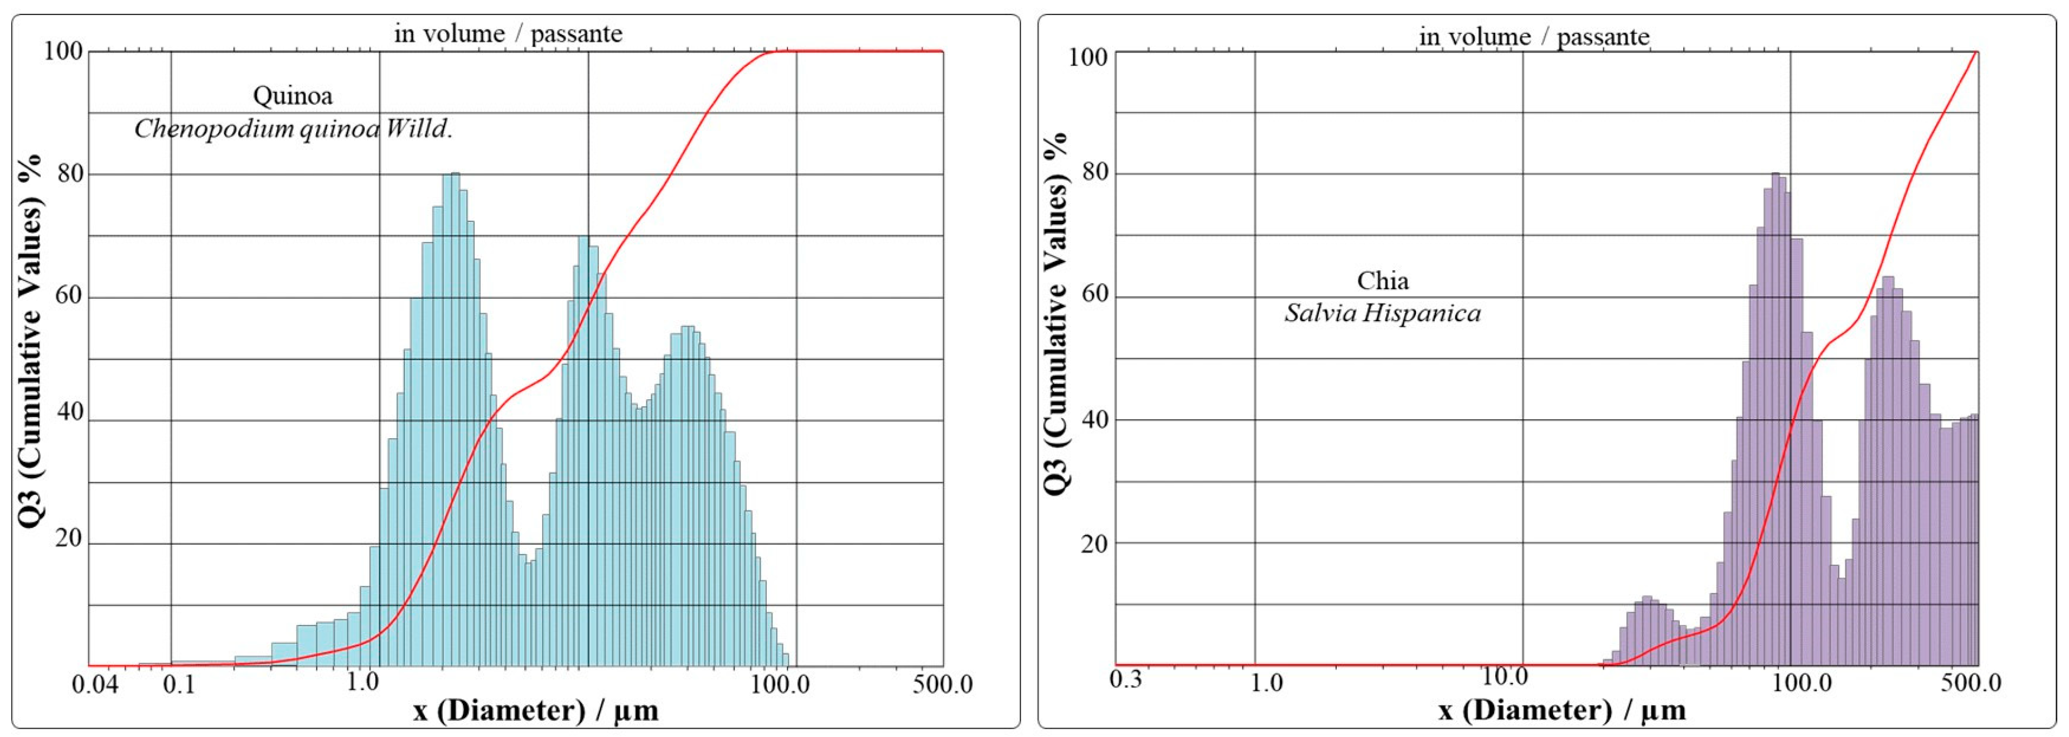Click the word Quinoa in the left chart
pos(292,95)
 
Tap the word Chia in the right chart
pos(1382,280)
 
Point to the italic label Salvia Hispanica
pos(1382,312)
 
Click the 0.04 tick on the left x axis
pos(95,684)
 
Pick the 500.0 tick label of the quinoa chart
pos(941,684)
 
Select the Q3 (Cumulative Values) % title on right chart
pos(1058,313)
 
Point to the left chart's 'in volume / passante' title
pos(507,33)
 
